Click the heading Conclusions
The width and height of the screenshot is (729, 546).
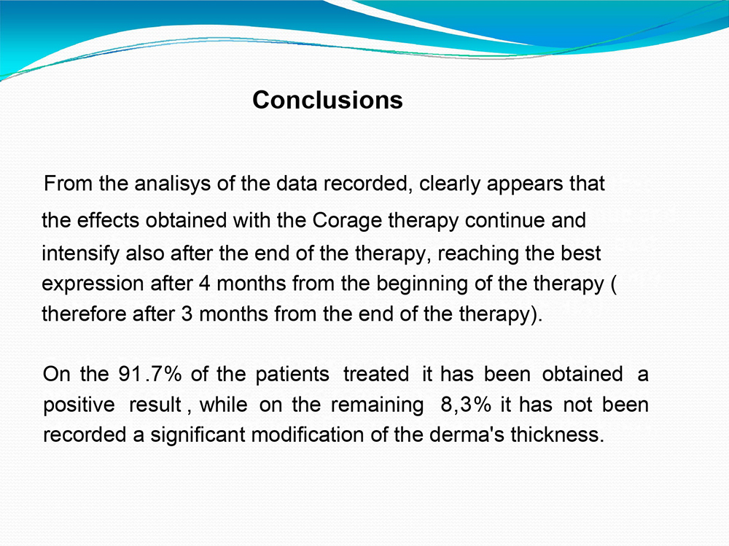coord(328,100)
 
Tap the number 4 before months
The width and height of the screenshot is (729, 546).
coord(205,284)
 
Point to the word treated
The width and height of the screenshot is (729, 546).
coord(376,375)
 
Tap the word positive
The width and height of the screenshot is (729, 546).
coord(79,405)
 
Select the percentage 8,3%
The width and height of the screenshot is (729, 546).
coord(466,405)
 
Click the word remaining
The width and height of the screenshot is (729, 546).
coord(377,405)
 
